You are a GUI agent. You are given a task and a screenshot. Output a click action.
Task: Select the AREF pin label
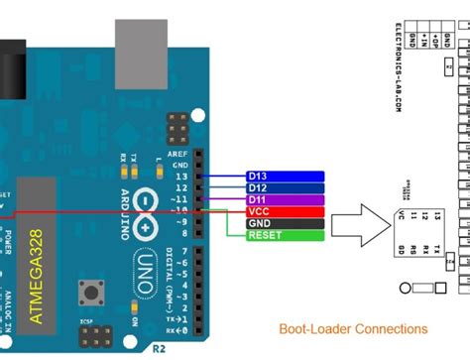(181, 155)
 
